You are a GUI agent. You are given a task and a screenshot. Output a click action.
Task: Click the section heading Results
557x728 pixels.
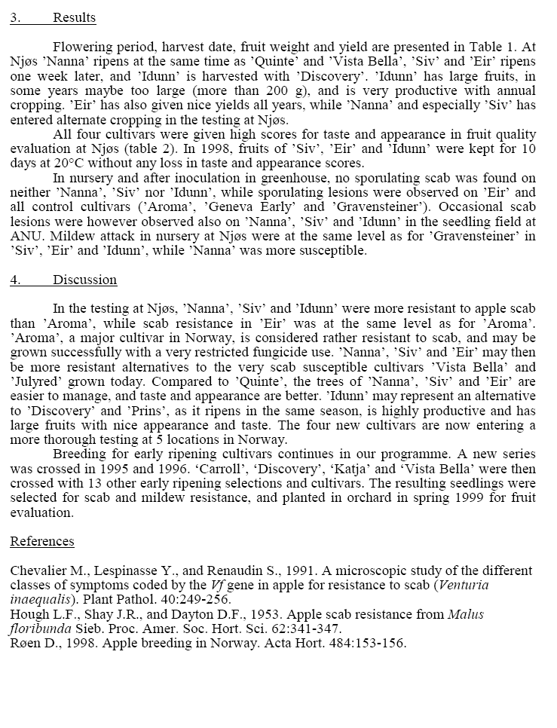74,17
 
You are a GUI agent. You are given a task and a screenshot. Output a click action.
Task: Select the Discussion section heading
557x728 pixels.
84,280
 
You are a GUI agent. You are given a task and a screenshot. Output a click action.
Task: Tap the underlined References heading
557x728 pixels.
42,542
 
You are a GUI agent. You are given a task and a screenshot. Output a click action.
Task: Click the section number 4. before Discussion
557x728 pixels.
15,280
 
